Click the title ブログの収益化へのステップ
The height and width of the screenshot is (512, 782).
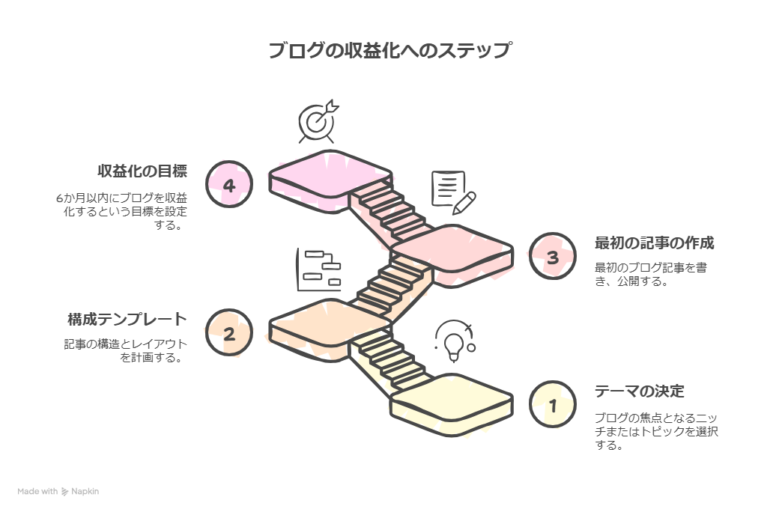point(390,51)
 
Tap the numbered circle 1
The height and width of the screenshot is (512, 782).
point(553,405)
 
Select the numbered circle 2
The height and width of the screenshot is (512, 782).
point(228,334)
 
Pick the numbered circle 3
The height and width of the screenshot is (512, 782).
point(553,257)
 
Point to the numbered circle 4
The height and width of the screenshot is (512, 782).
point(228,184)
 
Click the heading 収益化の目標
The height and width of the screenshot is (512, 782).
point(142,171)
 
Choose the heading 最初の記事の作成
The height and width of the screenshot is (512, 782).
point(654,243)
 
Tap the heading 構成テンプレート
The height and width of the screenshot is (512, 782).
point(127,320)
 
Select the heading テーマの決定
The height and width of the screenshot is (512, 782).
point(639,391)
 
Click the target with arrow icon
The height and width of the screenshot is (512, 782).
point(316,121)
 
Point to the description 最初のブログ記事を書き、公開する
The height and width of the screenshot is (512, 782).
point(649,275)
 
